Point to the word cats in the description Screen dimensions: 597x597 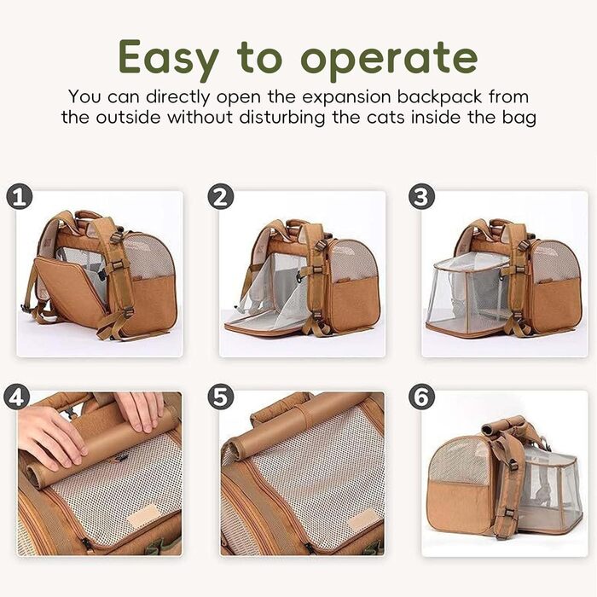pos(385,118)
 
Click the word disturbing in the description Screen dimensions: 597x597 pos(282,117)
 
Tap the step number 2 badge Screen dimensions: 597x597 pos(220,198)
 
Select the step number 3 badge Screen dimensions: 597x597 pos(421,198)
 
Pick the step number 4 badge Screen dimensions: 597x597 pos(16,397)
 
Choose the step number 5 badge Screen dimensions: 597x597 pos(220,397)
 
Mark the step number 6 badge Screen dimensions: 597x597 pos(421,397)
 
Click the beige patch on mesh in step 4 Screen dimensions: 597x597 pos(142,515)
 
